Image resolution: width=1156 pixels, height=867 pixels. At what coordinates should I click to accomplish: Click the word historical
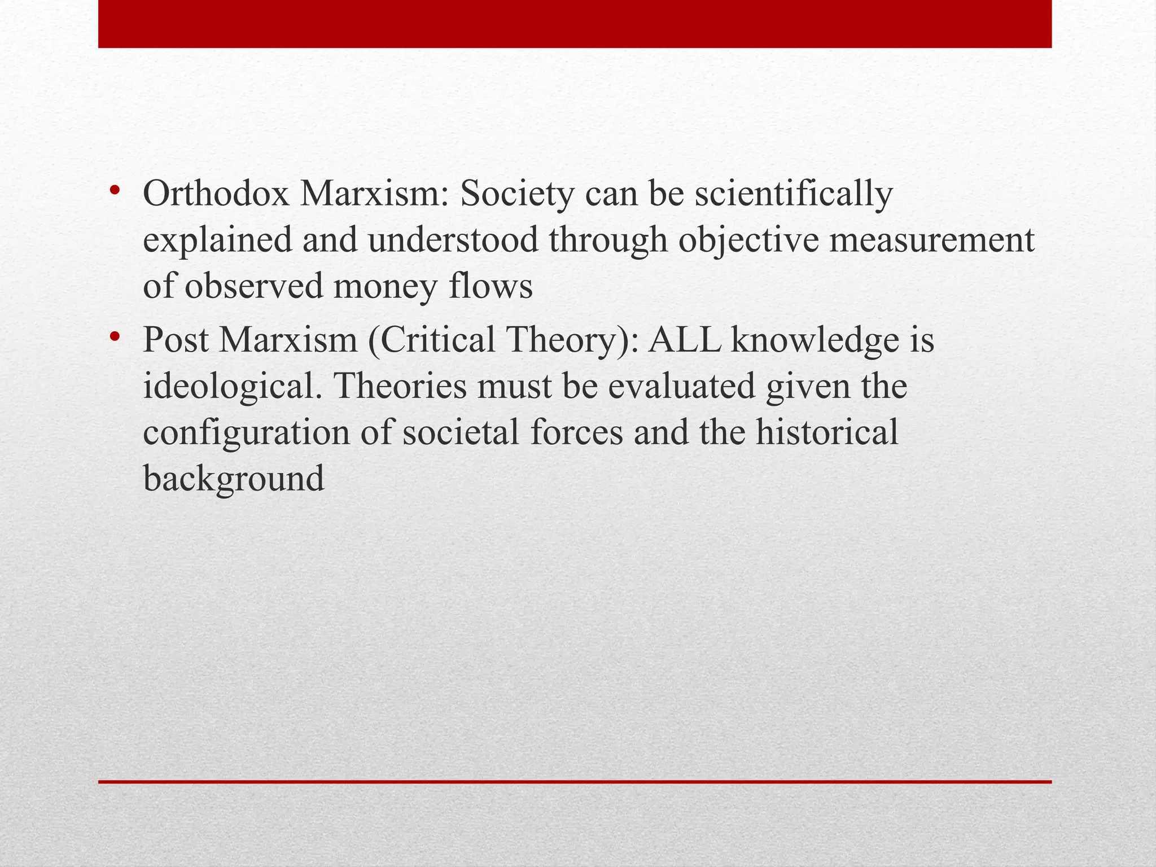(827, 433)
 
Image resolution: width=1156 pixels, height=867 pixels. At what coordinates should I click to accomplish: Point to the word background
(234, 479)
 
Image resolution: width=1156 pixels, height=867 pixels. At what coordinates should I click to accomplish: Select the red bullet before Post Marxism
(115, 338)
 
